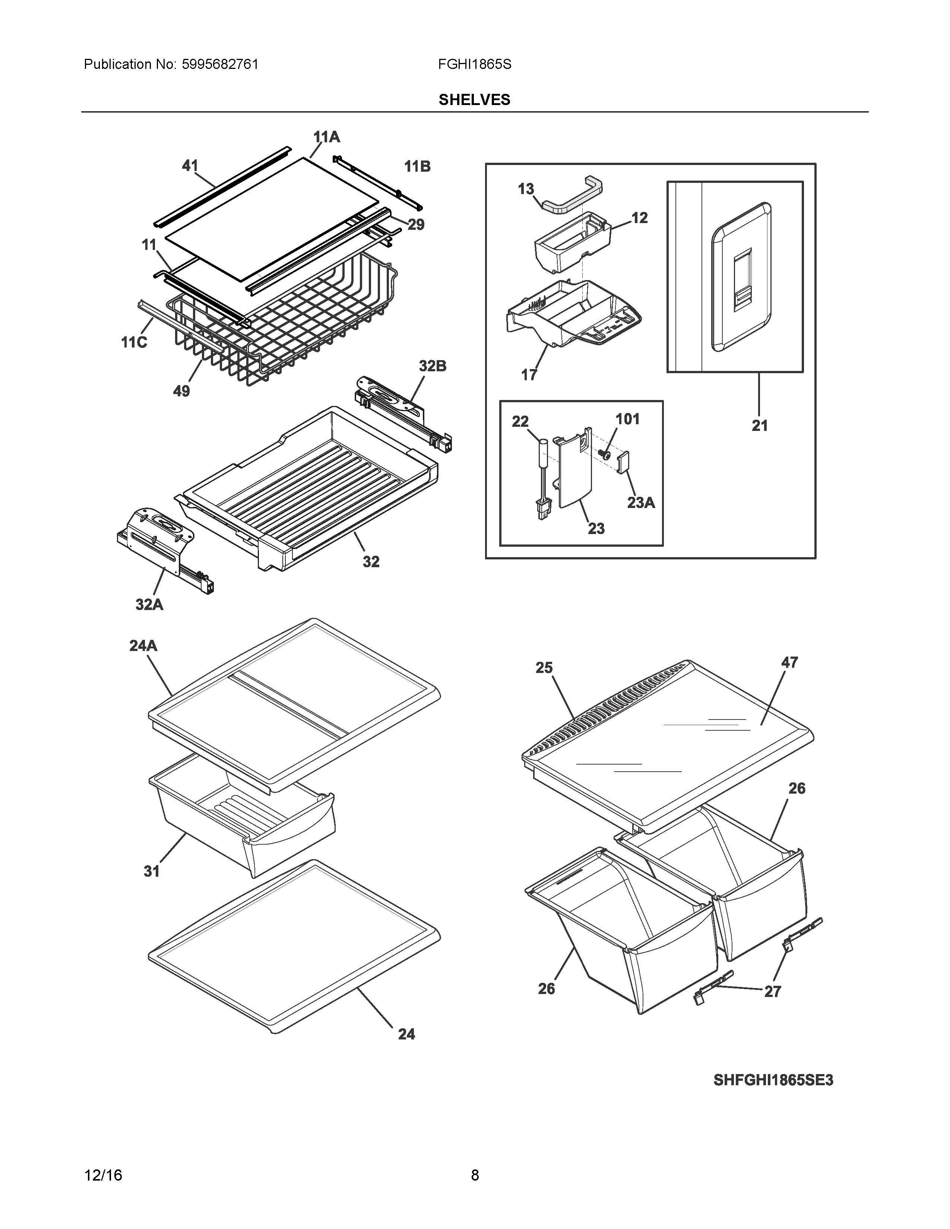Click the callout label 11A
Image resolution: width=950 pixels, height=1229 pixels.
tap(326, 137)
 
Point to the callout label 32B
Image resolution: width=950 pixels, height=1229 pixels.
tap(432, 366)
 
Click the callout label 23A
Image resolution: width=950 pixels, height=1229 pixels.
tap(641, 502)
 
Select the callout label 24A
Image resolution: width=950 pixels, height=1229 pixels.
tap(143, 646)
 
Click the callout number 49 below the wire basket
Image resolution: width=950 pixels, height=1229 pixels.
tap(181, 391)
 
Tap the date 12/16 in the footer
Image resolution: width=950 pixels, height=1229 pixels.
tap(103, 1175)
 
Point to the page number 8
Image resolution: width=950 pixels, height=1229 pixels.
tap(474, 1175)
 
